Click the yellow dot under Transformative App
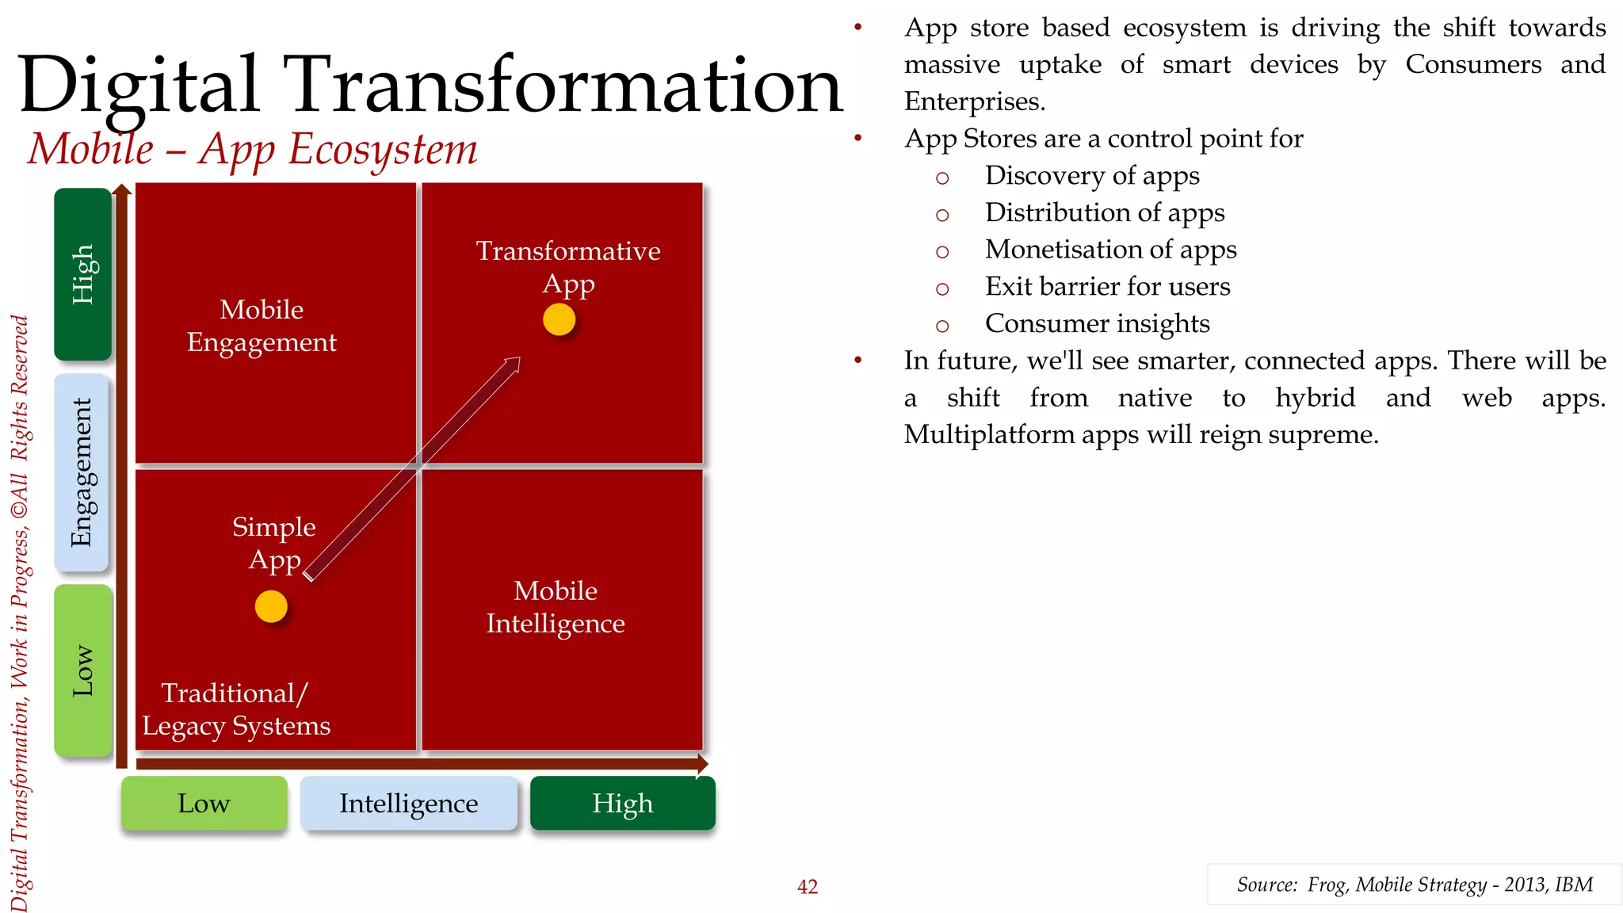coord(559,320)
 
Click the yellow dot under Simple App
coord(271,606)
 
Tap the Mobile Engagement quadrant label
coord(262,326)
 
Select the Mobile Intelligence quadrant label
coord(556,607)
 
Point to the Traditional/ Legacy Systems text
coord(235,709)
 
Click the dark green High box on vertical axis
coord(82,274)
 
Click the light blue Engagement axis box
coord(82,472)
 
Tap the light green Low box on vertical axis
coord(82,670)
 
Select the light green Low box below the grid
coord(204,803)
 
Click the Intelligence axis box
coord(408,803)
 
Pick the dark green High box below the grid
coord(622,803)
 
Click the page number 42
coord(807,887)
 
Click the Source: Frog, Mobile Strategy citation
coord(1414,884)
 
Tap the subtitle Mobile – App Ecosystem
coord(253,149)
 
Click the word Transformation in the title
coord(563,85)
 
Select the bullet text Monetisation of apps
coord(1110,250)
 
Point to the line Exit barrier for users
coord(1107,286)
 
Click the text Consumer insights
coord(1097,323)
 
